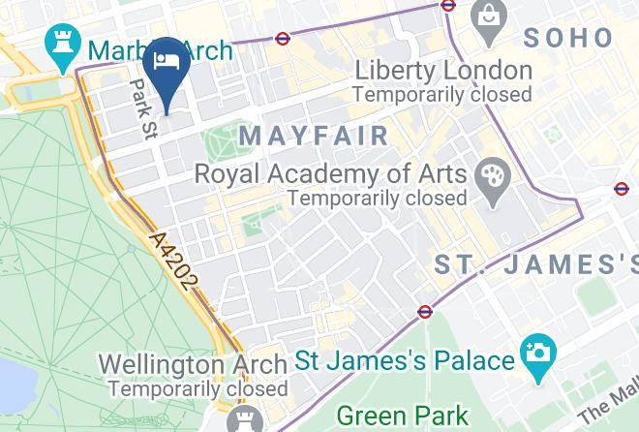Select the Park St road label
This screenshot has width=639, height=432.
pos(143,108)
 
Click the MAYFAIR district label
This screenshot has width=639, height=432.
pos(314,135)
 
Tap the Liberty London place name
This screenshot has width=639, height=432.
pos(442,71)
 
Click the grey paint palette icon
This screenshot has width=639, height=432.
pos(493,181)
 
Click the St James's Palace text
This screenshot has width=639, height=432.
pos(404,361)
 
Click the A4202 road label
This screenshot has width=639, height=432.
pos(174,260)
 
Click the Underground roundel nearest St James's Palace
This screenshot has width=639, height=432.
pos(424,312)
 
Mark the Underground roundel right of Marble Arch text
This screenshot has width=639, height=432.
pos(282,40)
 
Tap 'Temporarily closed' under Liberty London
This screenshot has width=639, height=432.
pos(442,95)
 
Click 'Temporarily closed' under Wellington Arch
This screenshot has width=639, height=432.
pos(198,388)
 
